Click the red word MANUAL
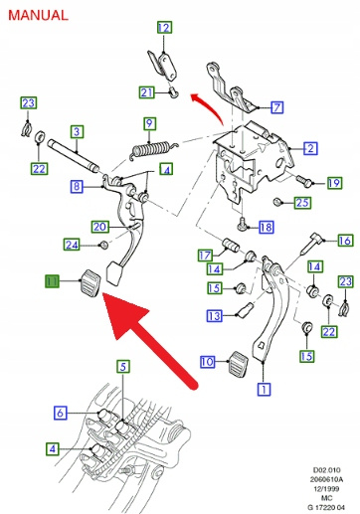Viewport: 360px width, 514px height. [38, 15]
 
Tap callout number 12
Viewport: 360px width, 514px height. [164, 27]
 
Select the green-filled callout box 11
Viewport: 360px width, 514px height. [52, 281]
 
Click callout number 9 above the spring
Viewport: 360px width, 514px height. [150, 123]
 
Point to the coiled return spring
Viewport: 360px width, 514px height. [152, 149]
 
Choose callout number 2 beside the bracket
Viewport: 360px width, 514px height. [310, 148]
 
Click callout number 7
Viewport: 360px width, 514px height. [277, 107]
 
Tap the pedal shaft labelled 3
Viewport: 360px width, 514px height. [74, 156]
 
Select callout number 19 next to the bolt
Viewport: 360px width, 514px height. [334, 183]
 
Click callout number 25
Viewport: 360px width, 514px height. [302, 202]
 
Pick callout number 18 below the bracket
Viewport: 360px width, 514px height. [267, 228]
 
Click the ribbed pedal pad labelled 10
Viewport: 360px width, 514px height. [240, 364]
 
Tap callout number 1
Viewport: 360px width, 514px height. [264, 389]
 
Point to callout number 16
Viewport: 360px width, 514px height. [345, 241]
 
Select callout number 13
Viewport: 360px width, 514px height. [214, 316]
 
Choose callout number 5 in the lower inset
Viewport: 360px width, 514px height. [123, 367]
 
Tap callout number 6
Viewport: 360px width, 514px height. [61, 413]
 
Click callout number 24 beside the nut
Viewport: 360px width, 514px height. [72, 245]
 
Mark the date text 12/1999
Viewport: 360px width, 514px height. [326, 488]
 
